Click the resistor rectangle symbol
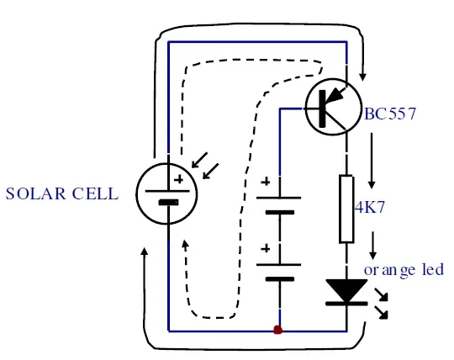pos(345,209)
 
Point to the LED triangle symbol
pos(345,290)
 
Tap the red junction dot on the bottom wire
pos(277,330)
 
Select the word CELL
pos(96,193)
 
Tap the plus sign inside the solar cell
pos(177,179)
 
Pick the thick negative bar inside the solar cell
pos(168,202)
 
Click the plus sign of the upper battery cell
pos(267,182)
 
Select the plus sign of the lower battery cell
pos(267,248)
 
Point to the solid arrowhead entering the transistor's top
pos(362,77)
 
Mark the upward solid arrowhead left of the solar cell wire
pos(145,253)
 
